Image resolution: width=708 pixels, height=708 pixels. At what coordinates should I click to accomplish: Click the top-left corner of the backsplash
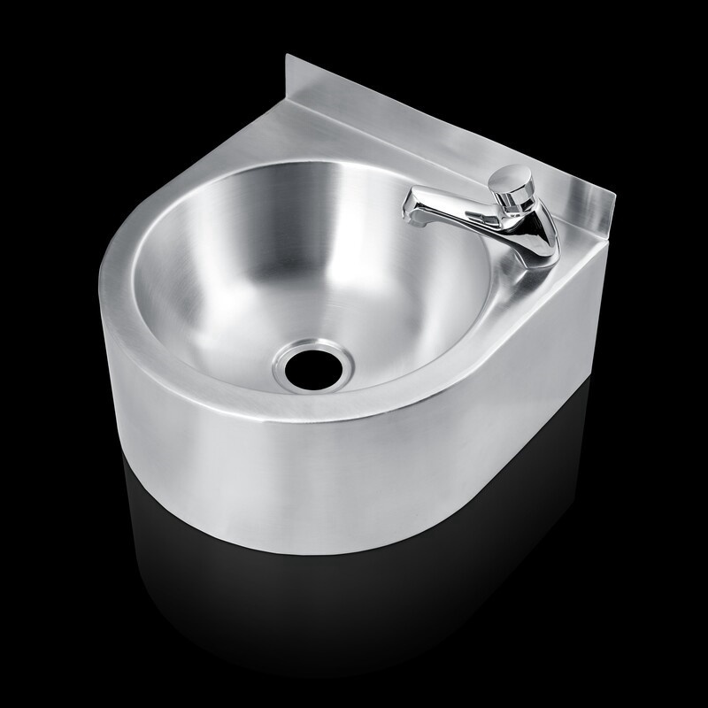point(289,57)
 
